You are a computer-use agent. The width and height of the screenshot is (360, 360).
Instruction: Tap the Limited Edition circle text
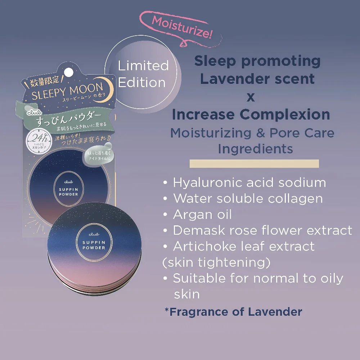click(x=143, y=74)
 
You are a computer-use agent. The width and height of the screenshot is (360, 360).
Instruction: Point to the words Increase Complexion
click(x=251, y=114)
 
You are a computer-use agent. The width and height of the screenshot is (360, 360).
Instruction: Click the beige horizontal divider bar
click(x=254, y=164)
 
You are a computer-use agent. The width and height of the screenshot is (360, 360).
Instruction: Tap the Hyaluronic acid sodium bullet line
click(x=245, y=183)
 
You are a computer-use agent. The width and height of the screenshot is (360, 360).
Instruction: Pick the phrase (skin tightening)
click(x=216, y=262)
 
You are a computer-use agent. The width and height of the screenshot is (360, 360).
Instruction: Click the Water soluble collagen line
click(x=243, y=198)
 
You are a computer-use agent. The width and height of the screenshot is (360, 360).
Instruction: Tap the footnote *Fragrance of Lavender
click(x=233, y=311)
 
